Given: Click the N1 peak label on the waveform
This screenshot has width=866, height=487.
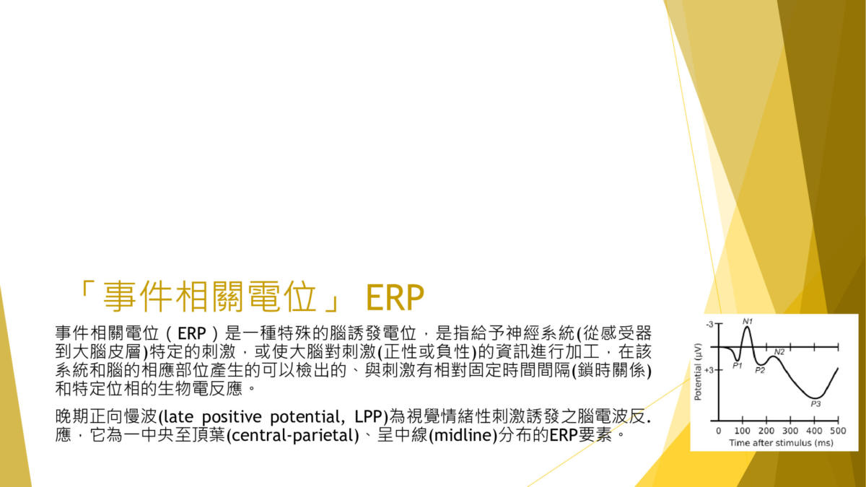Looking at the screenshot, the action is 748,321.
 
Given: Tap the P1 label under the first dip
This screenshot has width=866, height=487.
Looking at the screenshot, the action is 738,365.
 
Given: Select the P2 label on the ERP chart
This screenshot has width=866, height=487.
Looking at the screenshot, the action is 760,370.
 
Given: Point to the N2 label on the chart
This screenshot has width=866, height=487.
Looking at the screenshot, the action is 779,352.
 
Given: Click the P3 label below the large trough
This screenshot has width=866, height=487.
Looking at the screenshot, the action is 815,404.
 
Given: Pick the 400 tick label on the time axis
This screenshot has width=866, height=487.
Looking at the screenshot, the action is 814,431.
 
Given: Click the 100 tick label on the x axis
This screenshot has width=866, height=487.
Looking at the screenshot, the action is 743,431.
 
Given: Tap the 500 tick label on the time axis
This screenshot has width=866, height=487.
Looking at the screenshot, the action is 838,431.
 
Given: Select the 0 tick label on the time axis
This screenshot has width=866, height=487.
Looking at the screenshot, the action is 718,431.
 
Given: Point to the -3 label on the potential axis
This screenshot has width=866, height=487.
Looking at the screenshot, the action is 709,325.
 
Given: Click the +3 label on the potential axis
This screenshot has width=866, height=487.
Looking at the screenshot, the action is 709,370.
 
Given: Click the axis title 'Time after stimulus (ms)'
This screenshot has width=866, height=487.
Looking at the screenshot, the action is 782,443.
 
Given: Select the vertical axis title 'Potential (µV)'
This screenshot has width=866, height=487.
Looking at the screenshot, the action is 698,372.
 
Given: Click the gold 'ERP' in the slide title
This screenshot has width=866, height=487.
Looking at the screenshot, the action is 395,297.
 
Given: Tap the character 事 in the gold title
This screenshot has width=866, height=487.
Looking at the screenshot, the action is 121,297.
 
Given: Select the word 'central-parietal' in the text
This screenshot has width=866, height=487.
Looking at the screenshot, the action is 293,436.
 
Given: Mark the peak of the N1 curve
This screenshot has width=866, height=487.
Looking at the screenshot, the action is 748,327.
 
